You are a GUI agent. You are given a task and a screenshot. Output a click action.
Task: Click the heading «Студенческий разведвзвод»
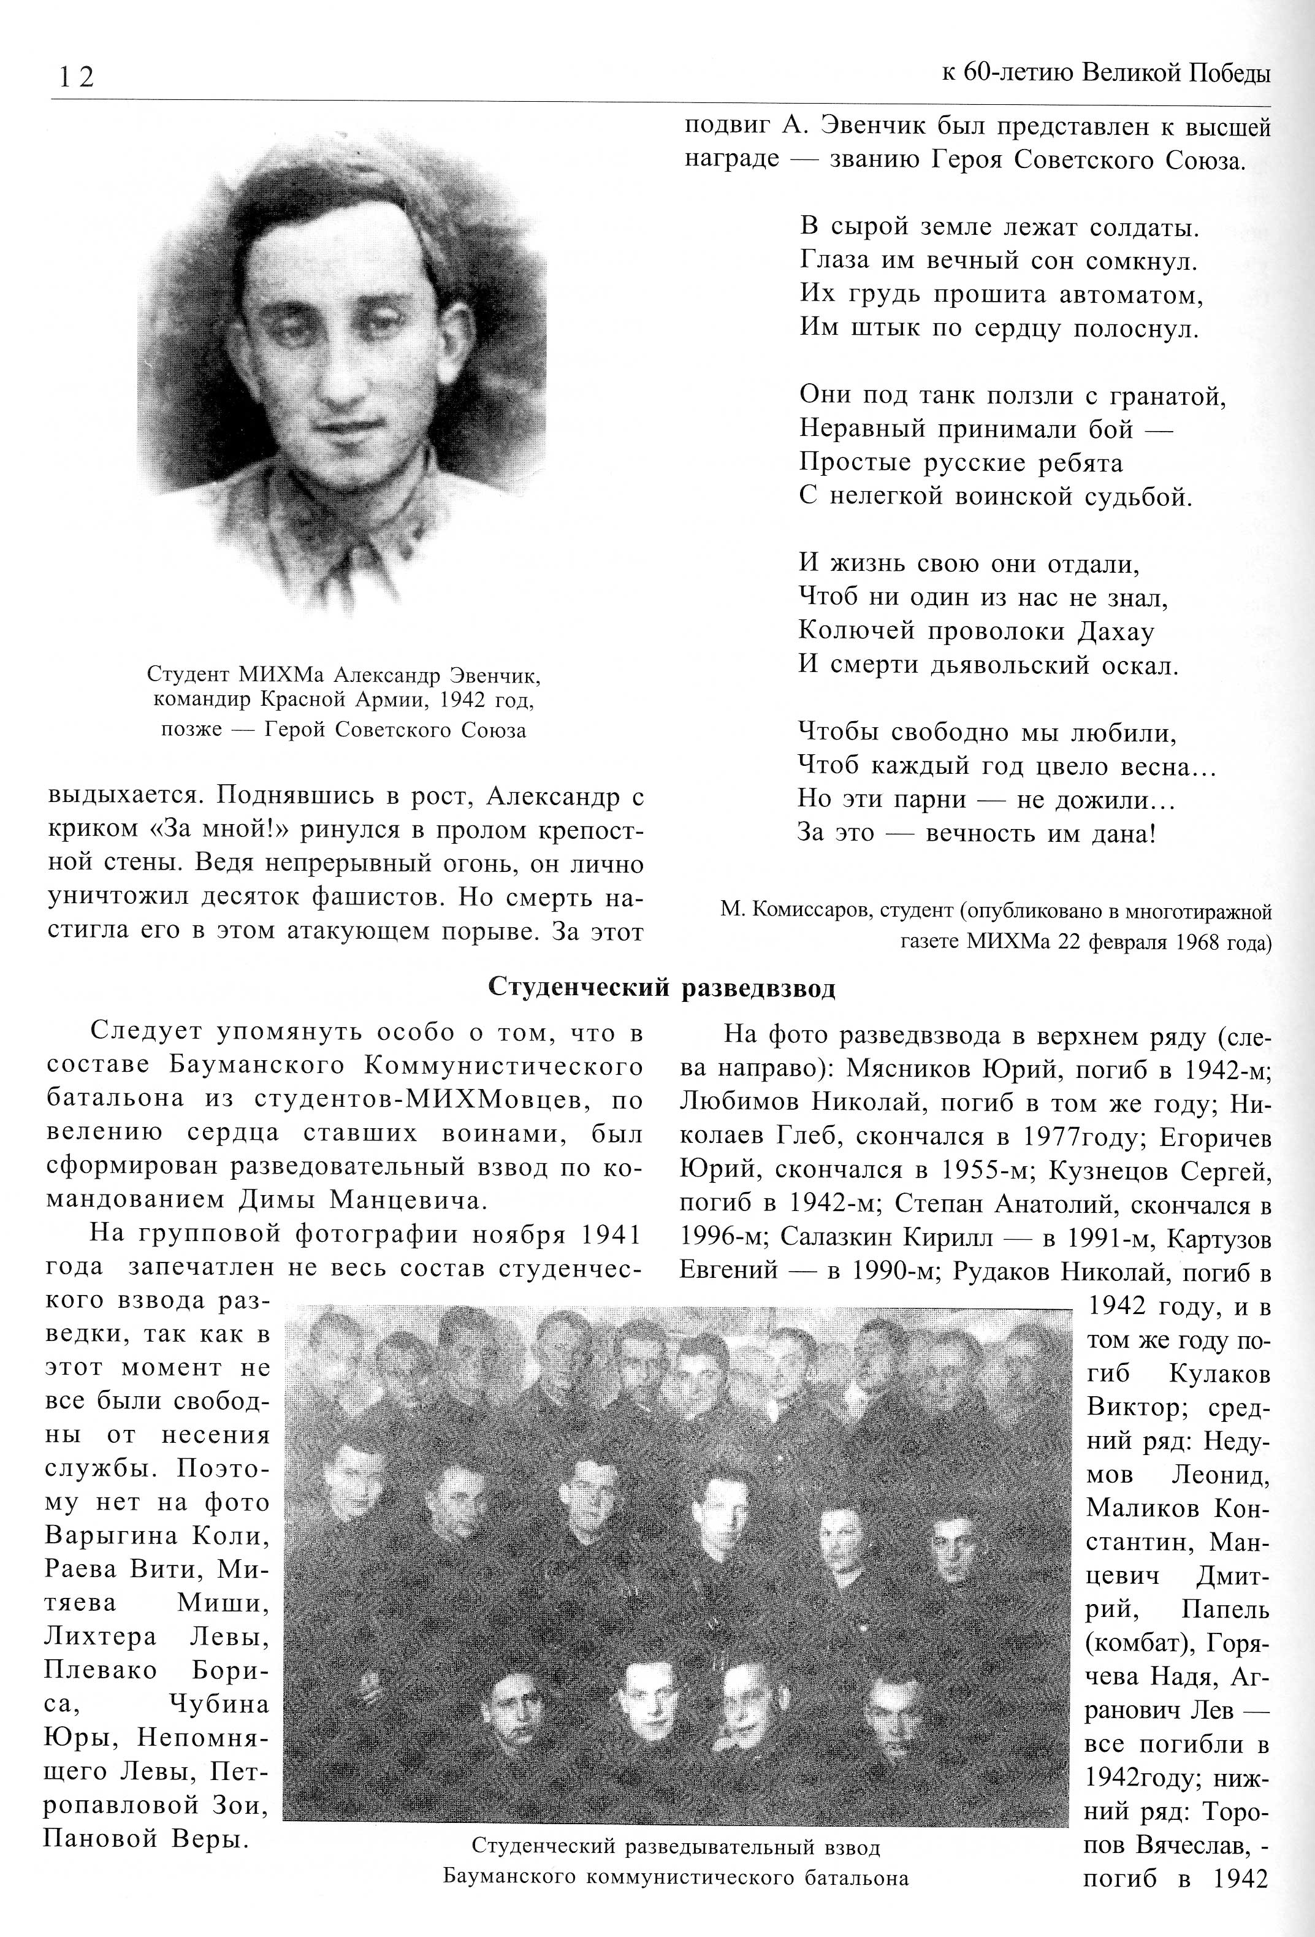pyautogui.click(x=661, y=988)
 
